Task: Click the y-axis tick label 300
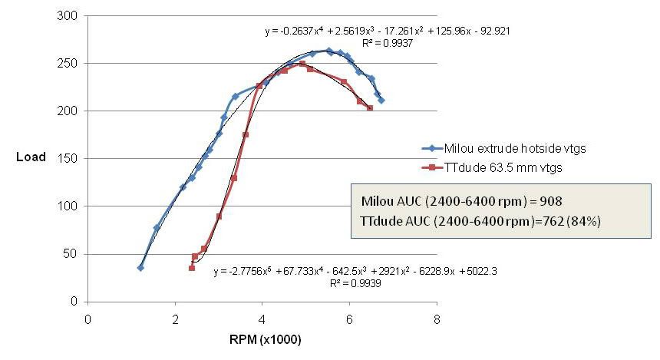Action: click(74, 15)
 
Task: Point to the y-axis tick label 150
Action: click(74, 158)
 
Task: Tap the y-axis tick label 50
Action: click(76, 254)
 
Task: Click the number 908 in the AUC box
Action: click(549, 201)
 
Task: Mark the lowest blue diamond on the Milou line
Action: click(140, 267)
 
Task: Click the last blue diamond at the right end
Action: click(381, 101)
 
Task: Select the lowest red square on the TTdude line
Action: click(192, 267)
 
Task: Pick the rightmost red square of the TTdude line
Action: click(370, 108)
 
